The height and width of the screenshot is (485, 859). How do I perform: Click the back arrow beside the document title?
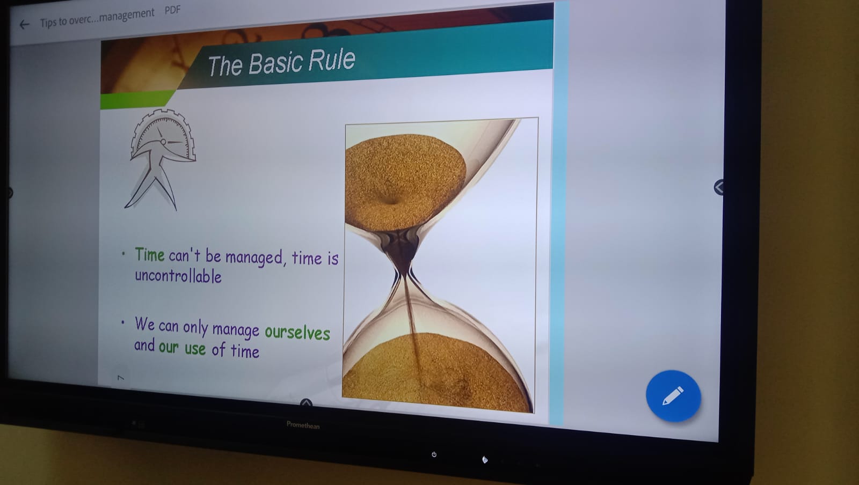24,25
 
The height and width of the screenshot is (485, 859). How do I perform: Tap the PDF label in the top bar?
172,10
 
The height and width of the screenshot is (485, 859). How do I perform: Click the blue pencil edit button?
673,396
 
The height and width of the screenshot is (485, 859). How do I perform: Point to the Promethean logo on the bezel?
303,425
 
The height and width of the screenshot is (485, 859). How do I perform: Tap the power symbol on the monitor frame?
434,454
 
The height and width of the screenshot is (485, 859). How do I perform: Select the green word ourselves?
297,333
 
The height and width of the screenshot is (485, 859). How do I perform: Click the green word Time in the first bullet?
150,254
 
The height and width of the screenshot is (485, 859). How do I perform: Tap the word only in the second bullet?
195,328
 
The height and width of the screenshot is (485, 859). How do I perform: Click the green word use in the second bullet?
195,349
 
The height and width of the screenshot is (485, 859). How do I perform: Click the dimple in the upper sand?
390,199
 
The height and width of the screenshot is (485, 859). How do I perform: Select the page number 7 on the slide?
121,378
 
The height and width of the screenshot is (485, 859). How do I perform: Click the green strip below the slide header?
134,100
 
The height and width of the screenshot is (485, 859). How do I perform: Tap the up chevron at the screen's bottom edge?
306,402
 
